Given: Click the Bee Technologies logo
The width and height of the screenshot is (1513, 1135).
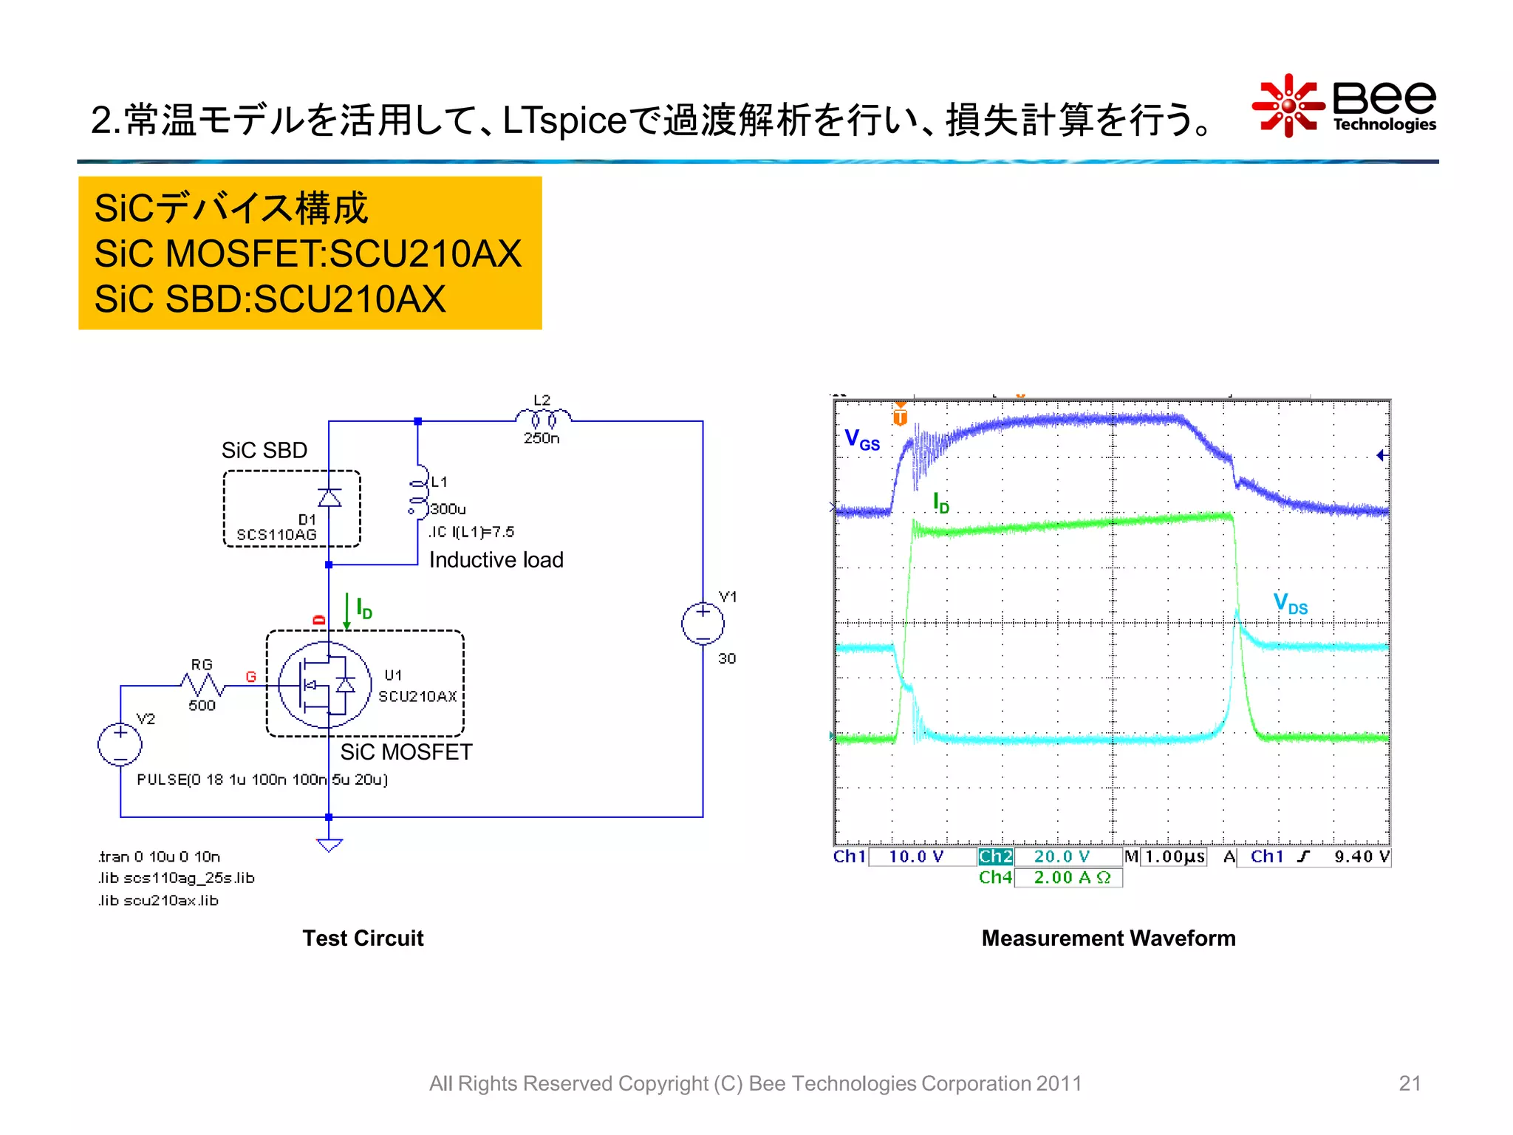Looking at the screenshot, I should (x=1345, y=106).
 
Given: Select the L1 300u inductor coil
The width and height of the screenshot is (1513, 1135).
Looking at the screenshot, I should (x=419, y=491).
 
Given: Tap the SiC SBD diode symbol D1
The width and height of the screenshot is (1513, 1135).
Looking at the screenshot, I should (x=329, y=497).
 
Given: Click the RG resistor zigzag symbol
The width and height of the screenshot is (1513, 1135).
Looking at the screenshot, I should (x=202, y=685).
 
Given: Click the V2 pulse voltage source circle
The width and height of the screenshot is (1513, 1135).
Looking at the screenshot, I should (x=120, y=743).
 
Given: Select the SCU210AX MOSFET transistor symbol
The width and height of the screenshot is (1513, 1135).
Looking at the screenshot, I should (x=325, y=684).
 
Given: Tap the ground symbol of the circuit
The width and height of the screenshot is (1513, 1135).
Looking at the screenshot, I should (x=329, y=844).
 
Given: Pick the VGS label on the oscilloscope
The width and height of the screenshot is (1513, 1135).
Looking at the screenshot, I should (x=862, y=440).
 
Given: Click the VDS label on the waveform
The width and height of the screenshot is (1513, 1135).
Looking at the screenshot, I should (x=1290, y=604).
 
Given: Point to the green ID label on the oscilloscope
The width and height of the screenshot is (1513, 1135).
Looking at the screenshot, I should (x=940, y=503).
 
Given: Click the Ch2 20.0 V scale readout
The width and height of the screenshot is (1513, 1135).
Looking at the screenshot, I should (x=1049, y=856).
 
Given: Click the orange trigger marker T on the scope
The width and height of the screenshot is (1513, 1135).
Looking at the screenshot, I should (x=900, y=416).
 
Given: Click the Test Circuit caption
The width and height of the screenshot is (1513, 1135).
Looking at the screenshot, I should (x=363, y=938).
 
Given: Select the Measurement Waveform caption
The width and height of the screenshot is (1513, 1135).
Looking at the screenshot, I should (x=1108, y=938).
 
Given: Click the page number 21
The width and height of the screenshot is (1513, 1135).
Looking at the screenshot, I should (x=1410, y=1083).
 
